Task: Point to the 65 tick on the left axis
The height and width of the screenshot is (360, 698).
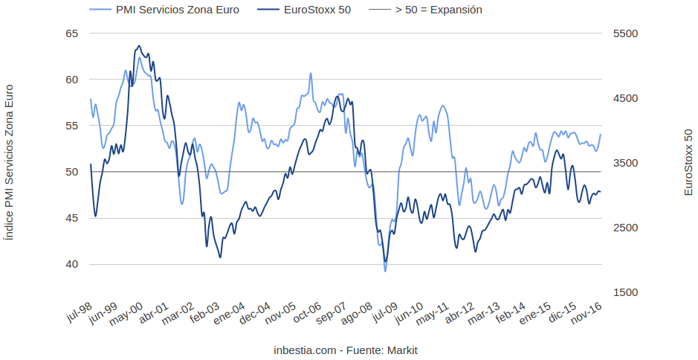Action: coord(71,33)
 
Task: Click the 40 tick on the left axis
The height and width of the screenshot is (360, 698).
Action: coord(71,264)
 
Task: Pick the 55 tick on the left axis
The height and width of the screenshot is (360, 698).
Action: coord(71,126)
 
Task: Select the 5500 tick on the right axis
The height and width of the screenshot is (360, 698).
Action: coord(624,33)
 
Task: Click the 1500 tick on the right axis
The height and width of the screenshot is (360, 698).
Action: coord(624,292)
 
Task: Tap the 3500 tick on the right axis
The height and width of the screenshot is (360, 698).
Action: coord(624,163)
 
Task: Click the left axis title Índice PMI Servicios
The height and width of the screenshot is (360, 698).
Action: coord(9,162)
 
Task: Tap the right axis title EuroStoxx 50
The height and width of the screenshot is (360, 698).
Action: coord(688,162)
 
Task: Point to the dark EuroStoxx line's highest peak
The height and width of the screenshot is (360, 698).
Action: coord(140,45)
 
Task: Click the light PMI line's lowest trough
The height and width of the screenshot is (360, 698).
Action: coord(385,271)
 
